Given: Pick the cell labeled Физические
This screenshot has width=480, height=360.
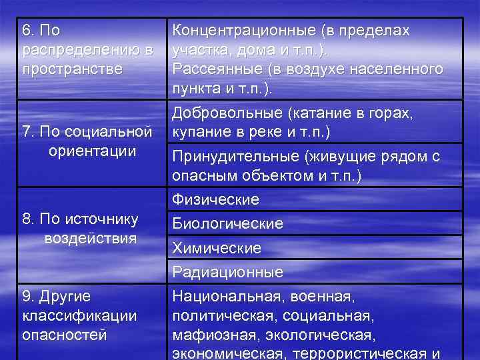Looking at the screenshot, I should tap(215, 199).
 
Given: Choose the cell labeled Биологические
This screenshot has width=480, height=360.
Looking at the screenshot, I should tap(227, 224).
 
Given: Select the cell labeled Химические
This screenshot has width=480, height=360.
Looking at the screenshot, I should tap(217, 248).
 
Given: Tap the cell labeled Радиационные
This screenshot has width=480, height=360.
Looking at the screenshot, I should tap(227, 272).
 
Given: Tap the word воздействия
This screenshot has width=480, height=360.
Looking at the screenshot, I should tap(91, 238).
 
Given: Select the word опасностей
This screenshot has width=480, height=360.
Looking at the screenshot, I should tap(65, 335).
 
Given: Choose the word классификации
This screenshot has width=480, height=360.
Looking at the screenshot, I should tap(79, 314).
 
